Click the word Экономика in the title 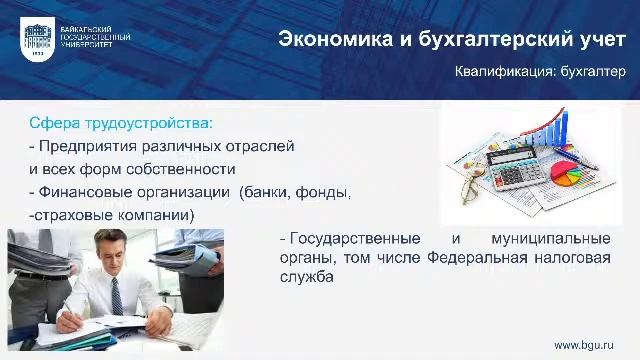(326, 39)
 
